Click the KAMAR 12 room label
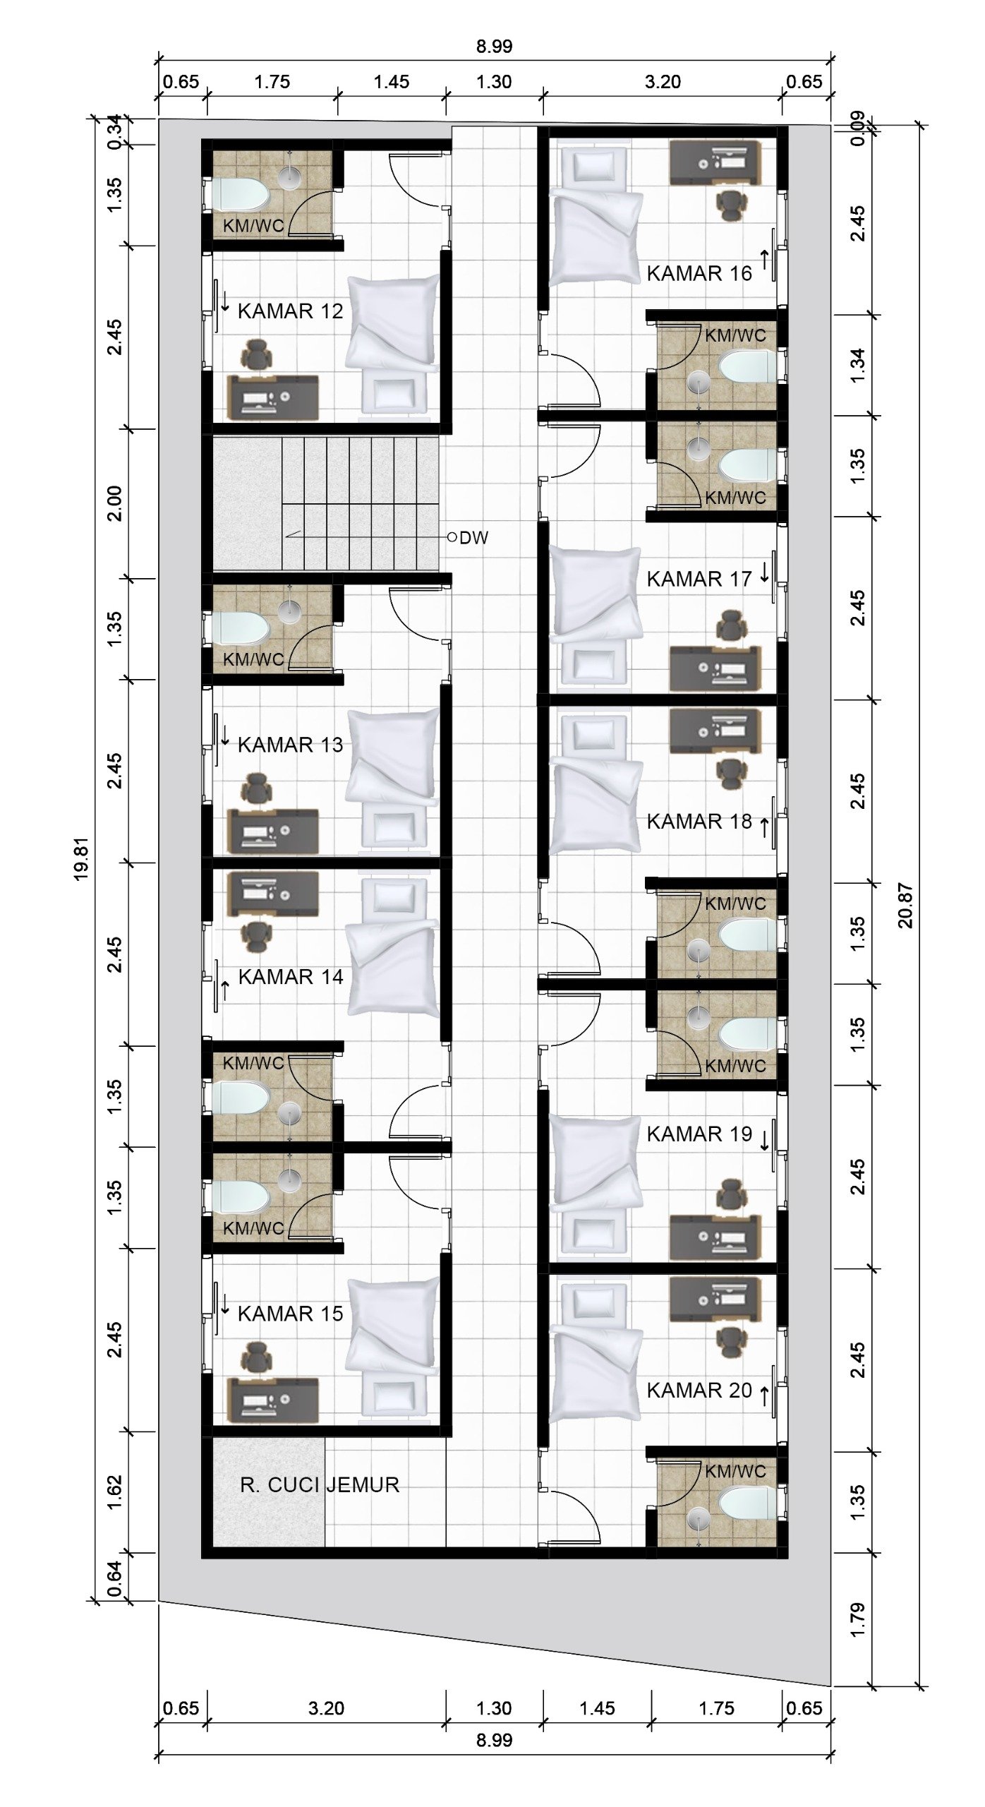coord(290,311)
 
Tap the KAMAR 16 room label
coord(699,273)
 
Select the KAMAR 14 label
coord(290,977)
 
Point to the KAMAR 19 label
coord(699,1134)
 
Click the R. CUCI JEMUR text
coord(320,1484)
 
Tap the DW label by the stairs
coord(473,538)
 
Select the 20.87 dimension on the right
coord(906,906)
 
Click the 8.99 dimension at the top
coord(494,47)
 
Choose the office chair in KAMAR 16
coord(731,205)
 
